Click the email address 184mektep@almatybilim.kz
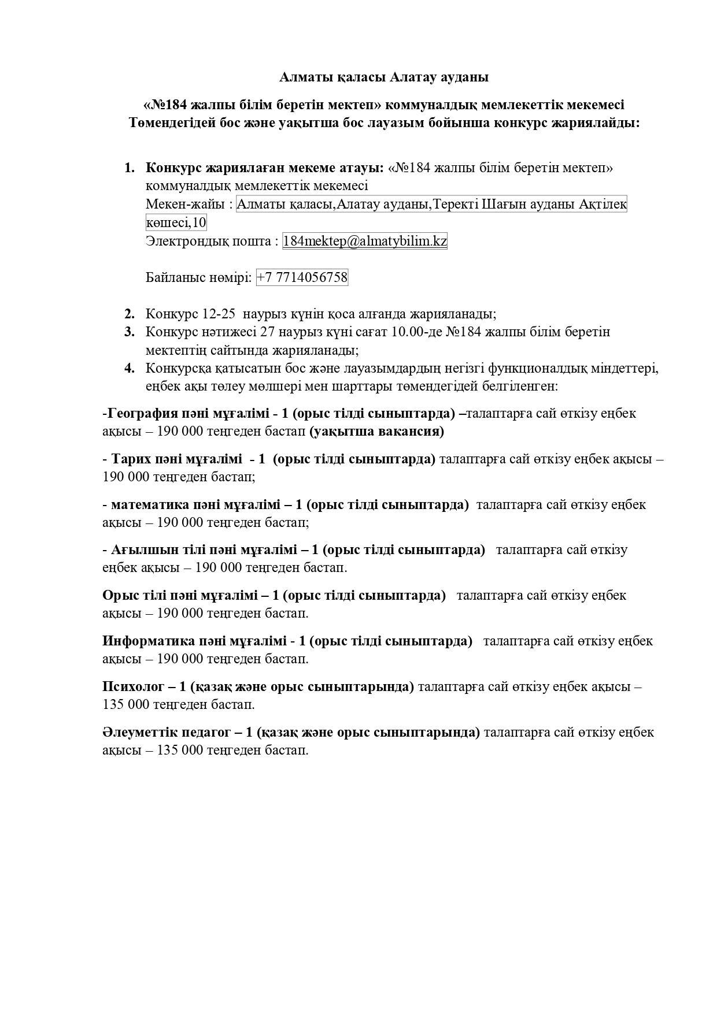pyautogui.click(x=364, y=241)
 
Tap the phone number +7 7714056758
pyautogui.click(x=302, y=277)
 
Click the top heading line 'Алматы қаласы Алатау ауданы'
pyautogui.click(x=384, y=77)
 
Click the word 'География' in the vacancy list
pyautogui.click(x=142, y=413)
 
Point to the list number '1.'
pyautogui.click(x=130, y=168)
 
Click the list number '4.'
pyautogui.click(x=130, y=368)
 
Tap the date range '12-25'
pyautogui.click(x=219, y=314)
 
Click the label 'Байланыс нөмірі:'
pyautogui.click(x=199, y=277)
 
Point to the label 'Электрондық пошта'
pyautogui.click(x=209, y=241)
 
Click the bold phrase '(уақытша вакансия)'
pyautogui.click(x=376, y=431)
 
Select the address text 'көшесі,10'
pyautogui.click(x=176, y=222)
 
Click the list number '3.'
pyautogui.click(x=130, y=332)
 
